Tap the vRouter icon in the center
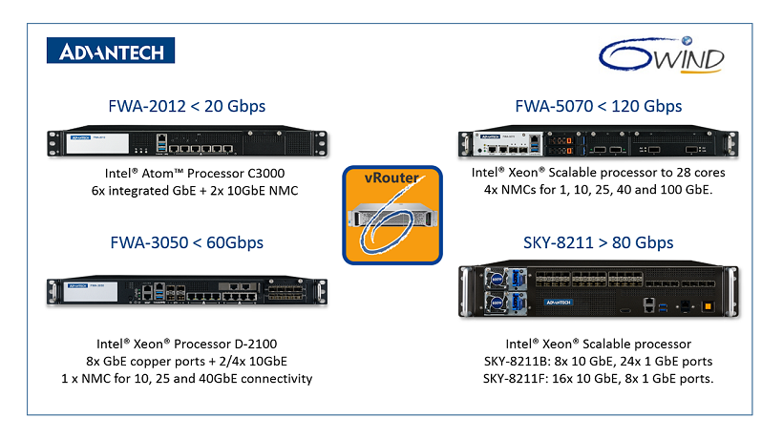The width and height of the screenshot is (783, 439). coord(391,215)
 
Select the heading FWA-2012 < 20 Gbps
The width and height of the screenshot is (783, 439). coord(185,105)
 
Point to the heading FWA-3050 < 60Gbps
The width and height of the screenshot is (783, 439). coord(185,242)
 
